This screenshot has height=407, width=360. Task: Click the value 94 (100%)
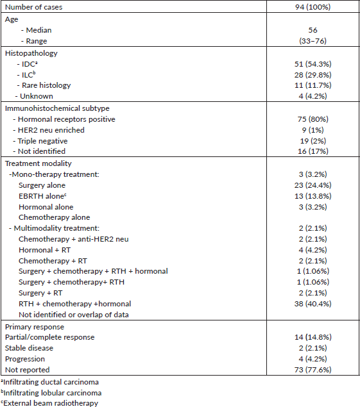313,7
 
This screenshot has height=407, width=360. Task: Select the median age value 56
313,30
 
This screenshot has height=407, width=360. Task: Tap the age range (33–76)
313,41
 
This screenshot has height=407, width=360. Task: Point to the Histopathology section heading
31,53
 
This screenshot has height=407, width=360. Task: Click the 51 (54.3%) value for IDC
313,64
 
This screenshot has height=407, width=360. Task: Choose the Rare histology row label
46,85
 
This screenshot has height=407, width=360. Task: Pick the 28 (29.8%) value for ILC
313,75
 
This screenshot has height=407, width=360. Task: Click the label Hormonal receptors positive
66,119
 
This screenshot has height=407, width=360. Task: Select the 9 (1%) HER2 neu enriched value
313,130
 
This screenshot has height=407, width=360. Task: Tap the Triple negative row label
42,141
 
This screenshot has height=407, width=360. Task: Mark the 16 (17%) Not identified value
313,151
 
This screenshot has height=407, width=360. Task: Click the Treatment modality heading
39,163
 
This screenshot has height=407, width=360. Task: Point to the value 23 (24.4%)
313,185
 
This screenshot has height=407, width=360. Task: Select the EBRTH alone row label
42,196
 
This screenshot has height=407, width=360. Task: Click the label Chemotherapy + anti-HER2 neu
74,239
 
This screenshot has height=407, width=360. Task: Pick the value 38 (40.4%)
313,304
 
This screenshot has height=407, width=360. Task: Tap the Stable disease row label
29,348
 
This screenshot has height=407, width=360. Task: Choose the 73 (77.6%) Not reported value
313,370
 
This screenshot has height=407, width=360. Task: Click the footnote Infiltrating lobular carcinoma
51,393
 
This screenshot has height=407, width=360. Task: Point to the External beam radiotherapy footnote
49,403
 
